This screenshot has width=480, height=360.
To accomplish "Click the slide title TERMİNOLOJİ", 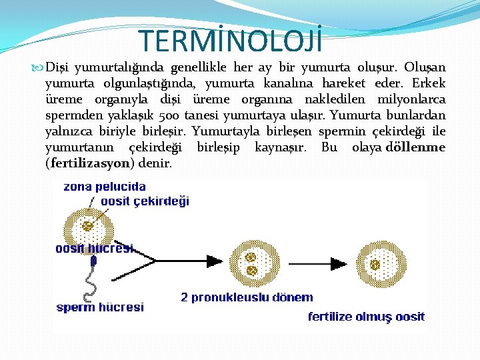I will [x=231, y=41].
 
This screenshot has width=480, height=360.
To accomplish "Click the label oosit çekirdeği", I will [x=145, y=201].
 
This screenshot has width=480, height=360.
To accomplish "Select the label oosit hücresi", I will [x=94, y=248].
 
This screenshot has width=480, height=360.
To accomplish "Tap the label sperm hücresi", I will [x=100, y=307].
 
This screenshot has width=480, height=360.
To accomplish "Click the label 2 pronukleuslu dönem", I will [x=247, y=297].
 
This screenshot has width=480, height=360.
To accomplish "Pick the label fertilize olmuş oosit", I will [x=366, y=317].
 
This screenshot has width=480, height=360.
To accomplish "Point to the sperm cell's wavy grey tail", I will [x=87, y=287].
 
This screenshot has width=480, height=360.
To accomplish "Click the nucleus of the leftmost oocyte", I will [x=87, y=226].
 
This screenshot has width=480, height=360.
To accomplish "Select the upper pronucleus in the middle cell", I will [x=251, y=257].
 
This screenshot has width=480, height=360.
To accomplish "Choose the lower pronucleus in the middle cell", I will [x=252, y=271].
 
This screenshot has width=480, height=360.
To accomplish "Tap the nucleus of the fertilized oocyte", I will [x=375, y=265].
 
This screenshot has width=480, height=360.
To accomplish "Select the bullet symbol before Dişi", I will [x=37, y=68].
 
